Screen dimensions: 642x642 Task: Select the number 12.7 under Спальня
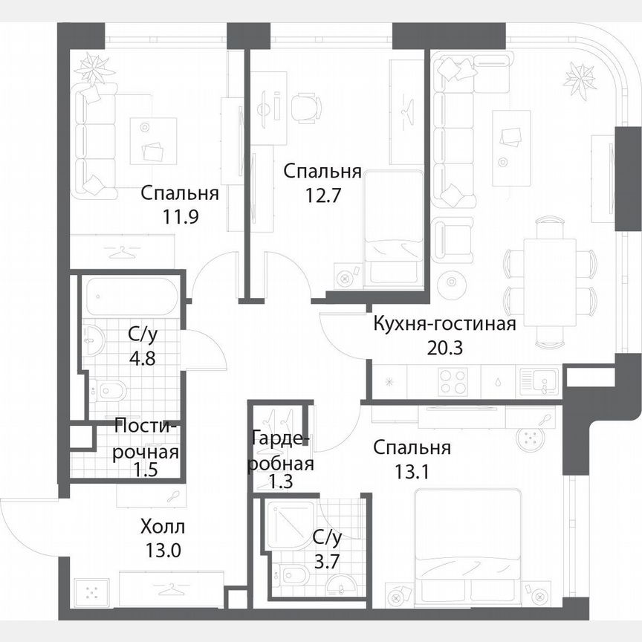pos(323,195)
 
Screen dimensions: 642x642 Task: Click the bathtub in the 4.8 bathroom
pos(131,296)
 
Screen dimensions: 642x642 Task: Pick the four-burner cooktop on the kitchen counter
pos(453,383)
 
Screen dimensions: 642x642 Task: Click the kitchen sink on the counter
pos(536,383)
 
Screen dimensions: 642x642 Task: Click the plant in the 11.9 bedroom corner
pos(94,69)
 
